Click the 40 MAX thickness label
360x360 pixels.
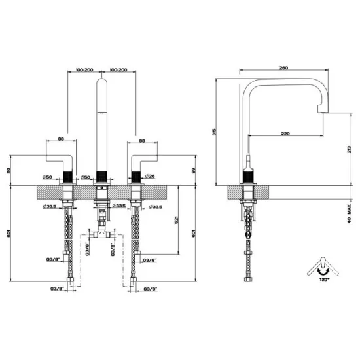click(339, 212)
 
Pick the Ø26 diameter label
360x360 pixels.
click(149, 177)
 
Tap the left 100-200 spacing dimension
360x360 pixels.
click(83, 69)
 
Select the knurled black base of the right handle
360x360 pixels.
click(136, 175)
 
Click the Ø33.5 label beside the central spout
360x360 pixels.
click(118, 207)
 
